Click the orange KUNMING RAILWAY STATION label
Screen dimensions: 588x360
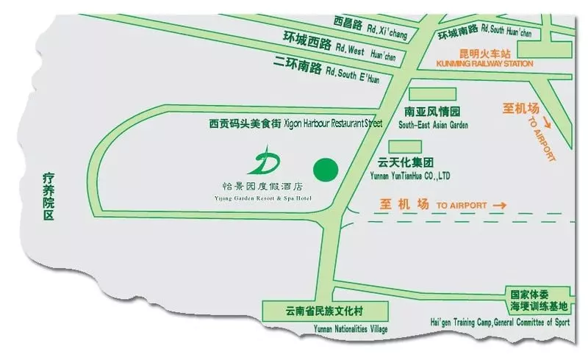click(x=495, y=64)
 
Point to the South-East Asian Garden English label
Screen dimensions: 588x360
click(x=433, y=125)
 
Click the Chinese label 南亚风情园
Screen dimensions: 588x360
click(x=432, y=113)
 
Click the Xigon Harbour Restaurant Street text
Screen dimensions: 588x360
click(x=323, y=124)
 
